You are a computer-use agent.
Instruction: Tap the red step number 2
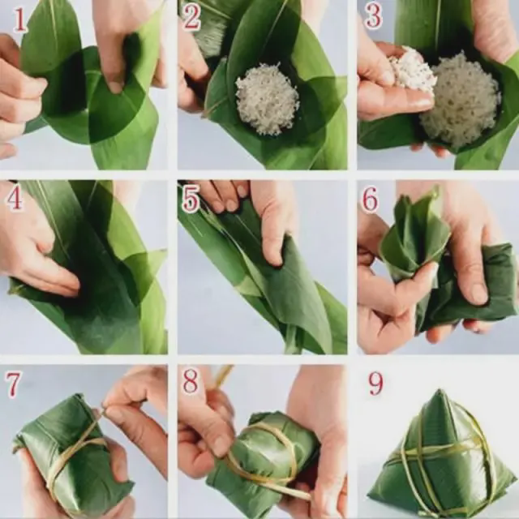[x=191, y=17]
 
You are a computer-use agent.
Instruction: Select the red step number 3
[x=373, y=17]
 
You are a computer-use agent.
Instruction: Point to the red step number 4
[x=15, y=199]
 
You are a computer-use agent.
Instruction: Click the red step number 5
[x=191, y=199]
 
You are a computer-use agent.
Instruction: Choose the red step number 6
[x=370, y=200]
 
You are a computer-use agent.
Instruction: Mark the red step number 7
[x=13, y=384]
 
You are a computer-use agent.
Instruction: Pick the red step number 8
[x=190, y=382]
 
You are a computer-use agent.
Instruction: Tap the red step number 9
[x=375, y=384]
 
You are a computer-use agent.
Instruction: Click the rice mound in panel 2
[x=267, y=99]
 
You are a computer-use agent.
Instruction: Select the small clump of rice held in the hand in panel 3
[x=411, y=71]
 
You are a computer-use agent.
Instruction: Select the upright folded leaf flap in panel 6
[x=414, y=232]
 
